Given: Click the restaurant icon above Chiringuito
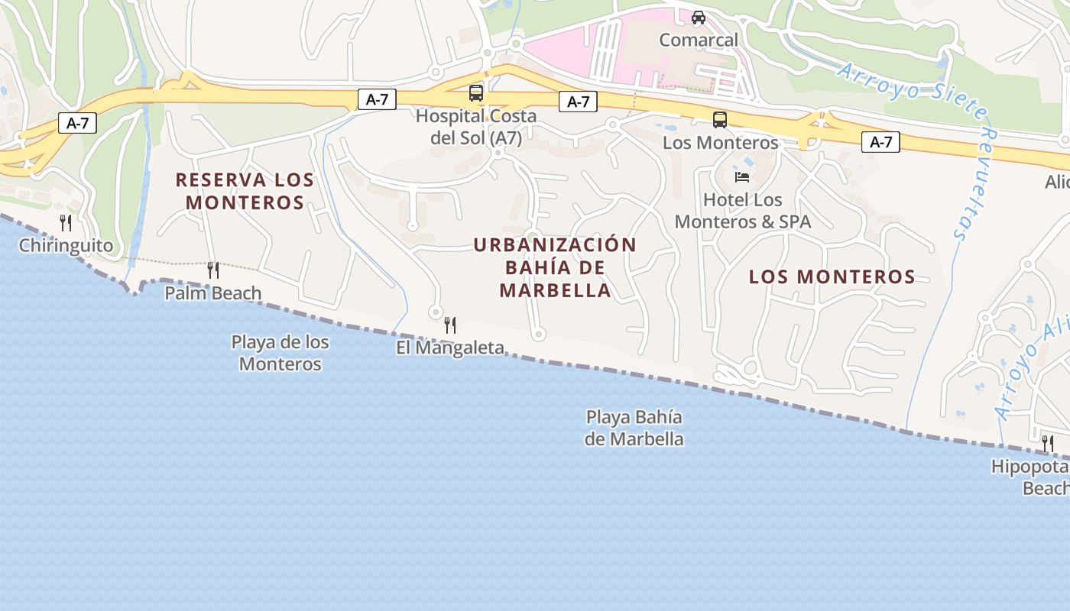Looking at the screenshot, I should pos(66,223).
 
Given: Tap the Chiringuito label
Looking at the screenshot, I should pos(66,246).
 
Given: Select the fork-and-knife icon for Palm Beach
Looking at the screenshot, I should pos(213,270).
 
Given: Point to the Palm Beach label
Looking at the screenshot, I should pos(213,293).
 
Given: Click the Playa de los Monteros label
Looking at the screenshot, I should pos(280,353).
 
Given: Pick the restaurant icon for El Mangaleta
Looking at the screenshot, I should pos(450,325).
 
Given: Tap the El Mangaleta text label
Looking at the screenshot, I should pos(450,348).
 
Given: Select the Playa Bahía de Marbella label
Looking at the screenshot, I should pos(634,428).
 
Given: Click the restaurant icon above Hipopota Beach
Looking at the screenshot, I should pos(1048,443).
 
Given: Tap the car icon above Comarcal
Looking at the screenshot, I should pos(698,17).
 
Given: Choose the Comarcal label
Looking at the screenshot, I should pos(699,40).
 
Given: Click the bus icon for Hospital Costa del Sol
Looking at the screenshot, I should pos(476,93).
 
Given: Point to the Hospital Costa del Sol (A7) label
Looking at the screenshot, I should pos(476,127).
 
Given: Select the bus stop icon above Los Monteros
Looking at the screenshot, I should pos(720,119).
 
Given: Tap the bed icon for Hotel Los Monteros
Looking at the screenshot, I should pos(741,177).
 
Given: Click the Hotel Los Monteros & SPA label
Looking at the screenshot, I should pos(743,211).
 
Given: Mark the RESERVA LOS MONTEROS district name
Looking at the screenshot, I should pos(245,191).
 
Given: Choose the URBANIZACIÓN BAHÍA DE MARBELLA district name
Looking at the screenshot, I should pos(555,267).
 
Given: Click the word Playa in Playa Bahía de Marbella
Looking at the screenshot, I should pos(607,417).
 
